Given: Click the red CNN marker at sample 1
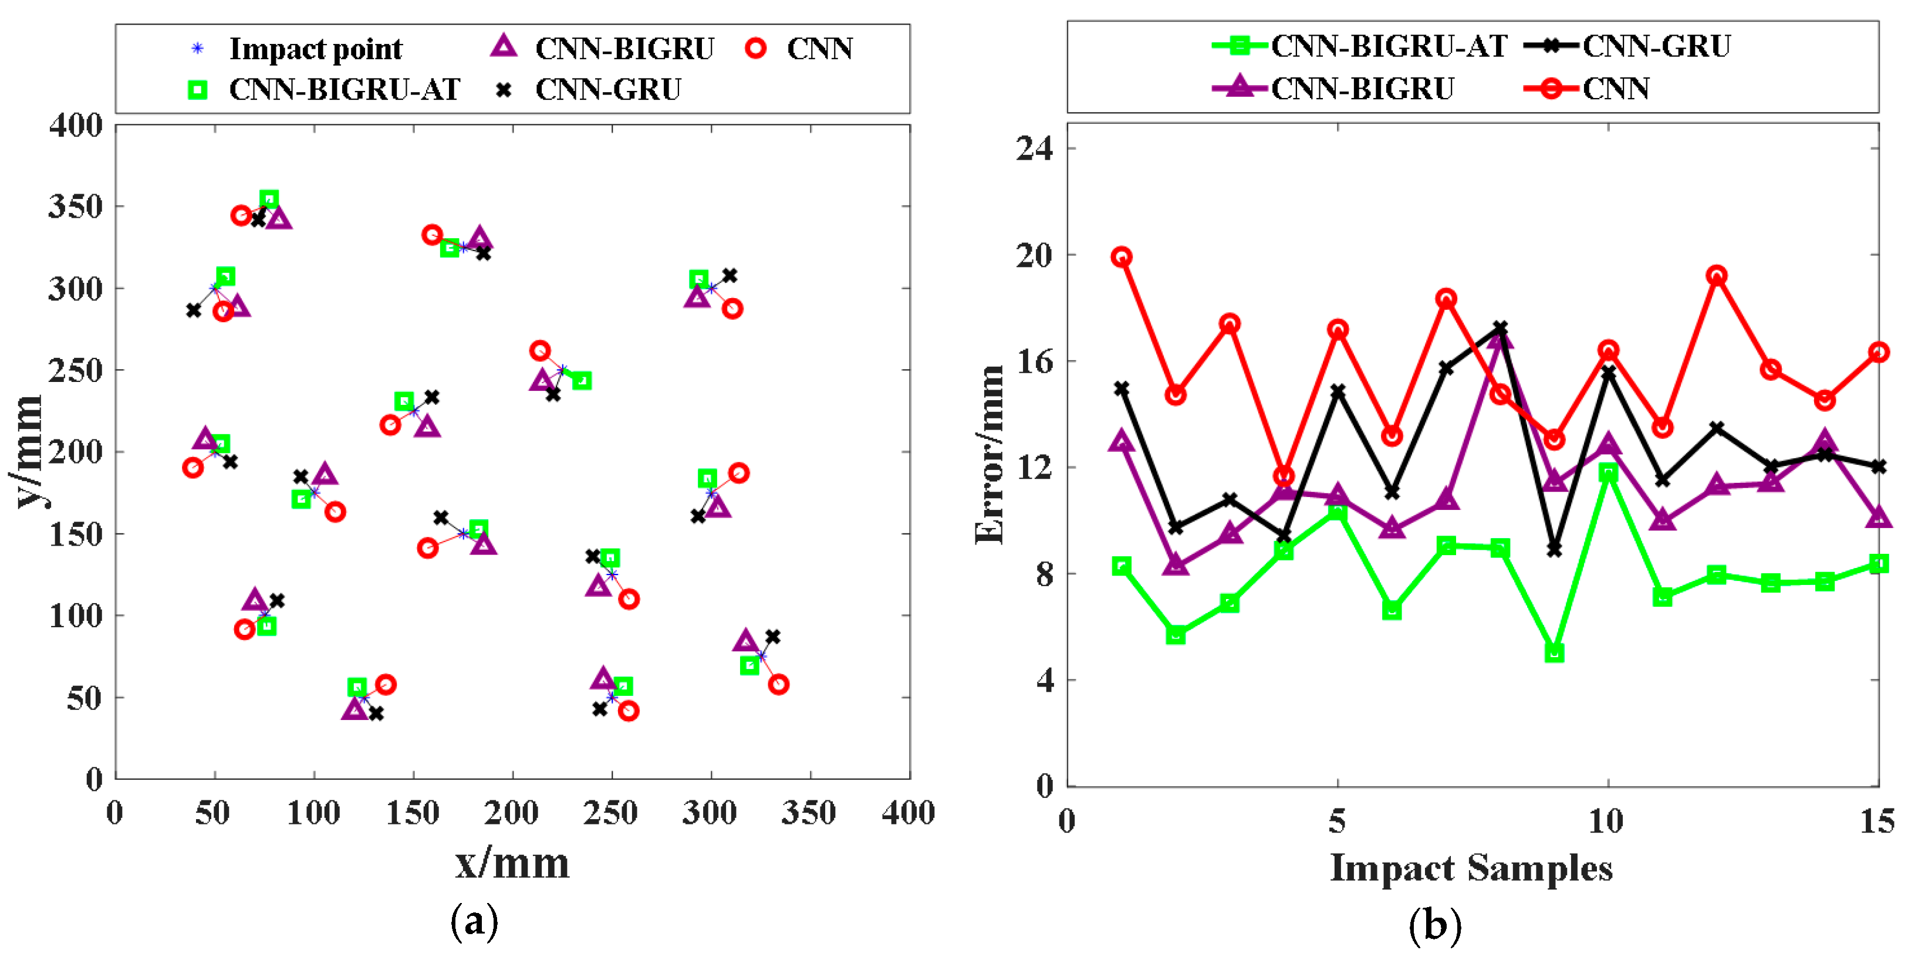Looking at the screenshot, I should [x=1122, y=257].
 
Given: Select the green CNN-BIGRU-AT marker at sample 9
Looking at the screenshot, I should [x=1554, y=652].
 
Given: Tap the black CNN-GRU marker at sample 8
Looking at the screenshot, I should [x=1500, y=327].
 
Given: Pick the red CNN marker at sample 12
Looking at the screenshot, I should [x=1716, y=276].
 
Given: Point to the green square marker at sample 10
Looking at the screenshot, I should [x=1608, y=472].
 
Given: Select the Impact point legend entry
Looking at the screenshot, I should [x=296, y=49].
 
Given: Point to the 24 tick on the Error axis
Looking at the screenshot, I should [x=1035, y=148].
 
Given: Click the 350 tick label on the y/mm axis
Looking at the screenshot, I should [x=76, y=207].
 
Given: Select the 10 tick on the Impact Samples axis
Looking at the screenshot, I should [x=1606, y=821].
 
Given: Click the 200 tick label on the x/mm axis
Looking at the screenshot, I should [x=511, y=813].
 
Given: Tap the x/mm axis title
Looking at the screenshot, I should [x=512, y=864].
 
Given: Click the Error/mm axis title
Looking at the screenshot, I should [x=990, y=455].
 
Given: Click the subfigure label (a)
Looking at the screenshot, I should [x=474, y=921].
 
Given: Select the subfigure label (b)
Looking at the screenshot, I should [x=1435, y=924].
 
